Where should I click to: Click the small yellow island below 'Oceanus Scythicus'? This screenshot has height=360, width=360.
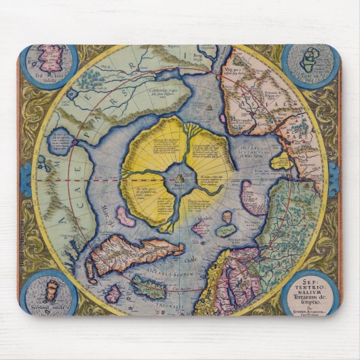click(x=280, y=162)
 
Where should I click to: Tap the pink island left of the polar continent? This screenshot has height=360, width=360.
click(x=125, y=217)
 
